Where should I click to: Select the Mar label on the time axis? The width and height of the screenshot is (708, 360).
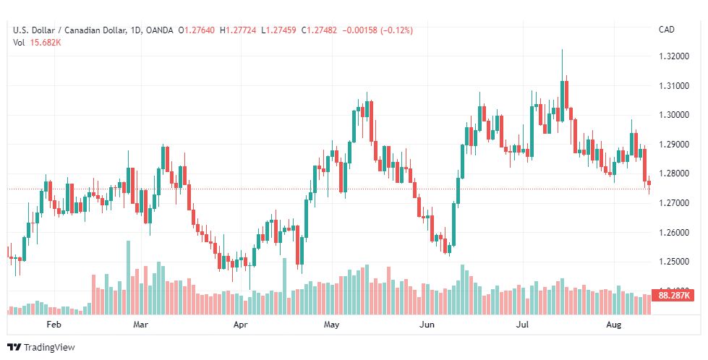[141, 325]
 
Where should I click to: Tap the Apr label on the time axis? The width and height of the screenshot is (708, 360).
[241, 325]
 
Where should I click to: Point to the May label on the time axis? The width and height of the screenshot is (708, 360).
[331, 325]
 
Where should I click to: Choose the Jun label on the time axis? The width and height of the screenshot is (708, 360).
[427, 325]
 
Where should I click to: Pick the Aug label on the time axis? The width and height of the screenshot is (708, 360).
[614, 325]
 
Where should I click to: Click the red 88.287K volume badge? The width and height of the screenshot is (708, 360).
[674, 296]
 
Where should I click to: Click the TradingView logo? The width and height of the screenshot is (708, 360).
[41, 348]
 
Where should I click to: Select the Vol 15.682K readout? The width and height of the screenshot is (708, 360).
[37, 42]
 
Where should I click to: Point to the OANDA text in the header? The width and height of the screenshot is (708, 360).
[159, 30]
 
